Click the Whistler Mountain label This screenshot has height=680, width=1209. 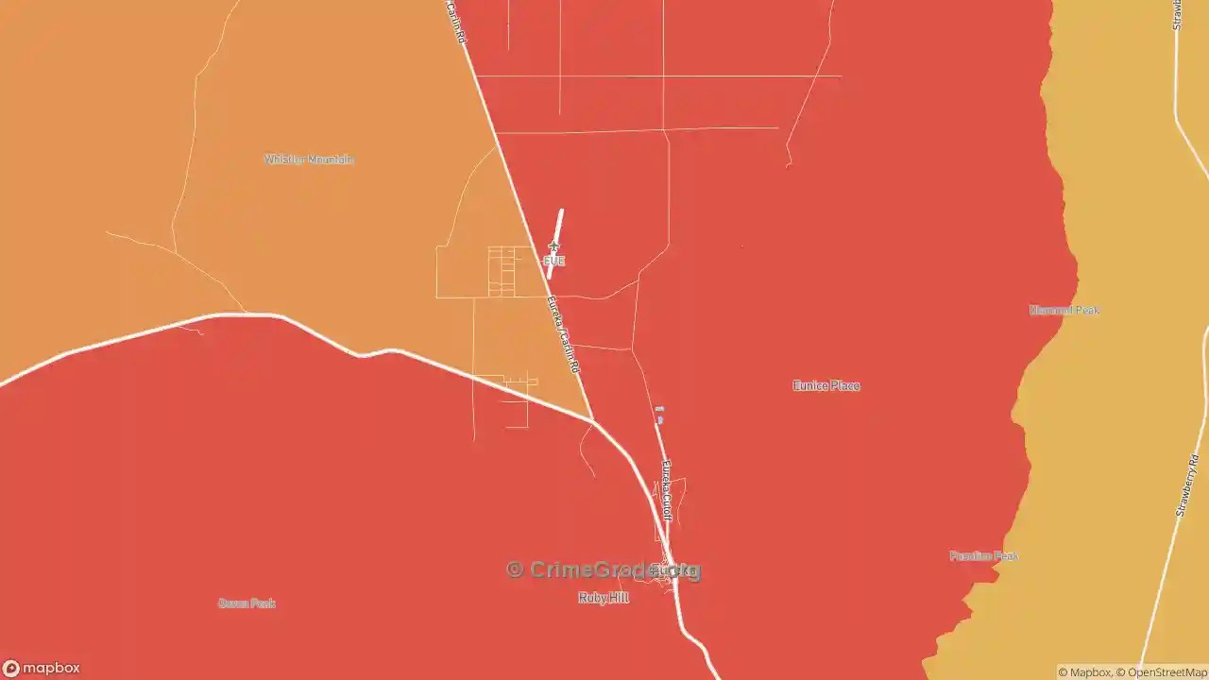[309, 160]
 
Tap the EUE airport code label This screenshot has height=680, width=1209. [554, 261]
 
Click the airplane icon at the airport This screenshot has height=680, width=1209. [553, 247]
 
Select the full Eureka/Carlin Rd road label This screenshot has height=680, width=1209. [563, 333]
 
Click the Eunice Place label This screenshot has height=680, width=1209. [826, 385]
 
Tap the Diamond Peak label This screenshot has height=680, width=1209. [1064, 310]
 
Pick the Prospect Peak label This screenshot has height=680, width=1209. [984, 556]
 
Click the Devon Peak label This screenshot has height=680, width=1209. [247, 603]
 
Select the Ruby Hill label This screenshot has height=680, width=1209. [604, 598]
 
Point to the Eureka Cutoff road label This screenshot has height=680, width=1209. [667, 490]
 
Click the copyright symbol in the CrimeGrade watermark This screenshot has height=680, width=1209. [515, 569]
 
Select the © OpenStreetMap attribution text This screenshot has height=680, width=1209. [1162, 672]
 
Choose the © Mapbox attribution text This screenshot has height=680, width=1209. [1084, 672]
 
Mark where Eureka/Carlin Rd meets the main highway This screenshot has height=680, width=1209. [592, 419]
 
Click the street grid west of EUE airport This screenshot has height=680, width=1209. [502, 271]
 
